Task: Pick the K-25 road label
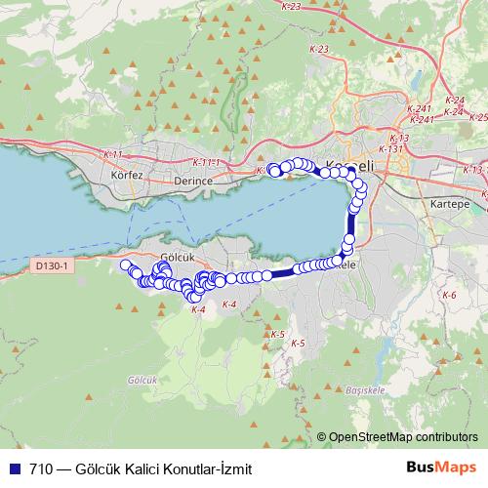477,117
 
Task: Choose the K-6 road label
449,294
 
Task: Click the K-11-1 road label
207,162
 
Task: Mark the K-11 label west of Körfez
113,154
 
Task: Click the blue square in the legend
13,468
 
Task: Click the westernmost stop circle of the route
125,265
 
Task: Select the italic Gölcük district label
142,379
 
